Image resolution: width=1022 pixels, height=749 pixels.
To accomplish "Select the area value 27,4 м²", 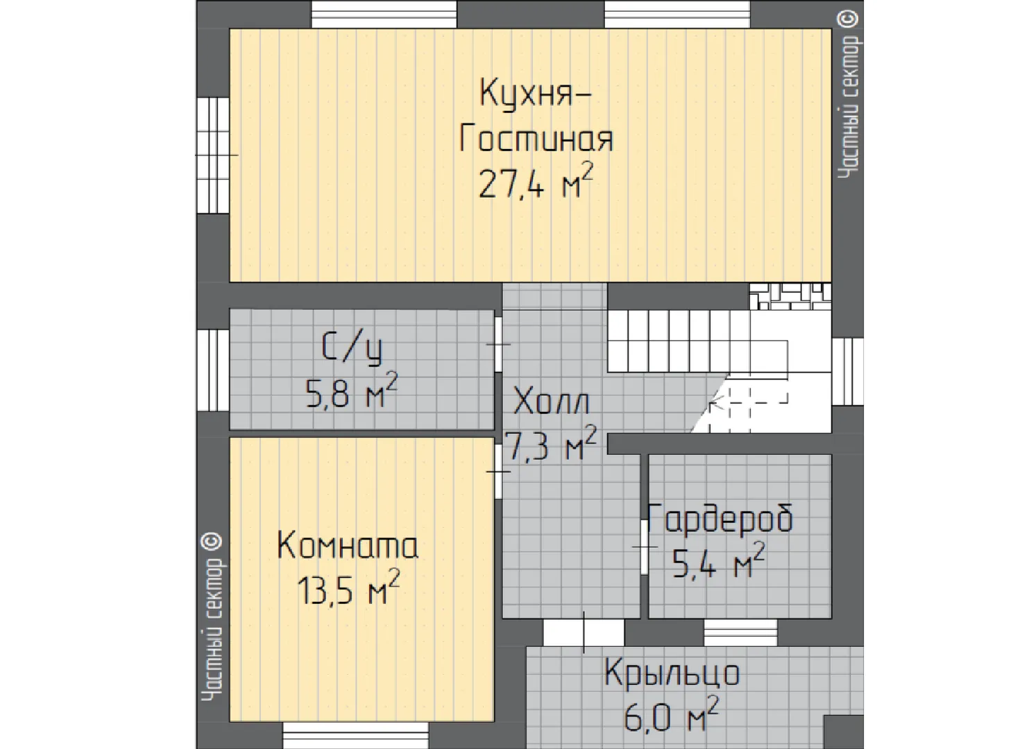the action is point(536,180).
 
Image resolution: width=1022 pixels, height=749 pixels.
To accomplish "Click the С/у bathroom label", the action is point(352,349).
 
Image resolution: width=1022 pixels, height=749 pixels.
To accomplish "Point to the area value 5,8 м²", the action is point(351,390).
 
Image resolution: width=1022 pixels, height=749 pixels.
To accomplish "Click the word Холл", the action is point(551,401).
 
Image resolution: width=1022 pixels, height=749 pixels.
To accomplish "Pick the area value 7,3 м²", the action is point(551,443).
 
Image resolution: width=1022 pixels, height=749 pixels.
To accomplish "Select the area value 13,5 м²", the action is point(348,587).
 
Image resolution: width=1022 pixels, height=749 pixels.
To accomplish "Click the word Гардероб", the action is point(721,518).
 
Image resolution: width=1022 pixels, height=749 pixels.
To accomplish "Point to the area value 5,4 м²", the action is point(719,560).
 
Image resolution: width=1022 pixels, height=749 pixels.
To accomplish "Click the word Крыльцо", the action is point(672,673).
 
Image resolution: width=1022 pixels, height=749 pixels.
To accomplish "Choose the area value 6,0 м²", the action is point(671,714).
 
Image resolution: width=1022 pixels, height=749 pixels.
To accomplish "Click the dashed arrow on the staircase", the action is point(748,402).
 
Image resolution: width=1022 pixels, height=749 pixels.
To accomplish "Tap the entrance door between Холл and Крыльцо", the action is point(584,632).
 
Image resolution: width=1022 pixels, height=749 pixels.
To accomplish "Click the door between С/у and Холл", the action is point(499,345).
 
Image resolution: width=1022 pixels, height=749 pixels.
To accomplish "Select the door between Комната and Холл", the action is point(499,471).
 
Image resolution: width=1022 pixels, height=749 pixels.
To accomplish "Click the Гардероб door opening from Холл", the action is point(645,546).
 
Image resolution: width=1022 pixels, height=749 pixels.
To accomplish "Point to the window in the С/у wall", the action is point(213,370).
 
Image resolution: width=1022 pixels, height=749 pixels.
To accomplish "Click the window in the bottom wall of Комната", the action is point(355,735).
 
